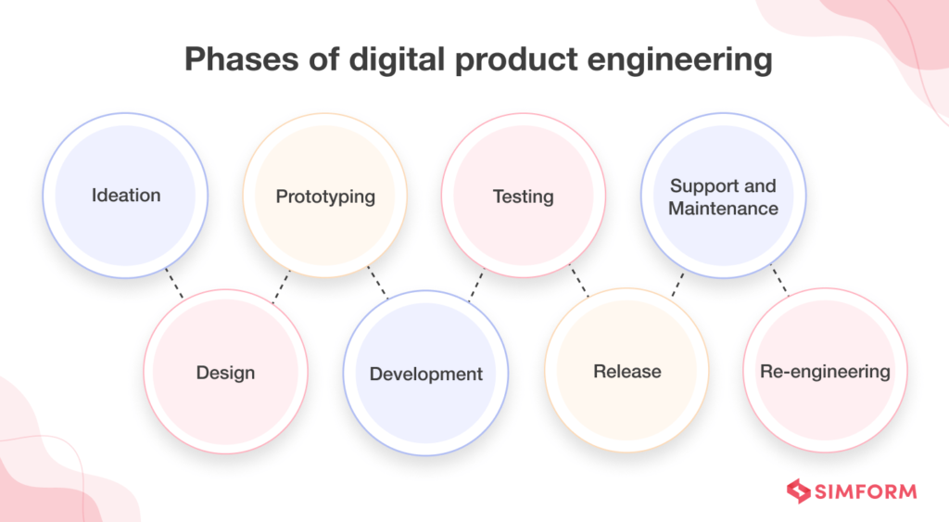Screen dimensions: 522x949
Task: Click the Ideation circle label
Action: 126,196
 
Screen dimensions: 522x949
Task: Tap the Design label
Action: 225,374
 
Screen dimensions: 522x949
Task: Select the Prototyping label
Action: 325,197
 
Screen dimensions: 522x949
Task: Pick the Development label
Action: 426,375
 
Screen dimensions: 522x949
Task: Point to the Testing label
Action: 523,197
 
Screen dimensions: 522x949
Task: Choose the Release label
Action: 627,372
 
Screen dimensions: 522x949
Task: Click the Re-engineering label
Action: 825,372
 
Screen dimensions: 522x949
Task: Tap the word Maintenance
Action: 723,209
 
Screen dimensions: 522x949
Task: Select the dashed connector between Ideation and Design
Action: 174,283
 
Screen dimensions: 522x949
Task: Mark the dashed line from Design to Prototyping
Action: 281,286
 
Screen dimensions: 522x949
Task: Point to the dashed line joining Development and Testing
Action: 476,285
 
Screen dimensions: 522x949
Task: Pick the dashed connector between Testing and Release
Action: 578,283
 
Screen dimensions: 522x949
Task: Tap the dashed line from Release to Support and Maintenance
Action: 677,285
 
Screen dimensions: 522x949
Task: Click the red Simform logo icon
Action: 799,491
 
